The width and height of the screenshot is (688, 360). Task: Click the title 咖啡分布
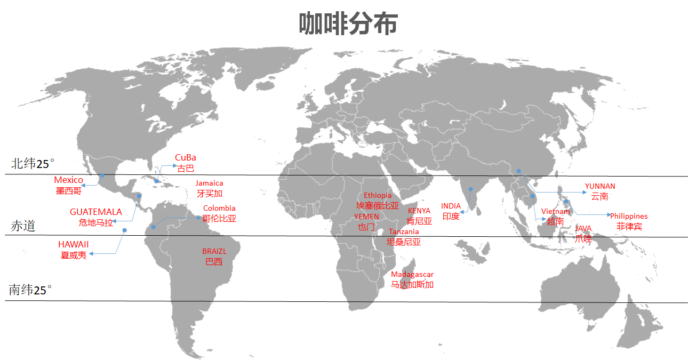(347, 24)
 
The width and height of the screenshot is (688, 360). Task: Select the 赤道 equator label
(23, 226)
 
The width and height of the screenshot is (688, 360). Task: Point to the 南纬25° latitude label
(30, 290)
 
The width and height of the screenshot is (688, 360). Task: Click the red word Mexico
(68, 180)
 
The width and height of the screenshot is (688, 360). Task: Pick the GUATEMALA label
(96, 212)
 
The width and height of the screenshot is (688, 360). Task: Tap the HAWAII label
(74, 244)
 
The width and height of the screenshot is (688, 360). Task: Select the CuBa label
(186, 157)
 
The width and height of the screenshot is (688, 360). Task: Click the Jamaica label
(209, 183)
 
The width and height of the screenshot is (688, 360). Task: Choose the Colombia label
(219, 208)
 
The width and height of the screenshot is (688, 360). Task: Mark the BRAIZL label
(214, 251)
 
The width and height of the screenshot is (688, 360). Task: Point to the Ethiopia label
(378, 196)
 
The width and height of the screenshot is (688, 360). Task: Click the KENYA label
(419, 211)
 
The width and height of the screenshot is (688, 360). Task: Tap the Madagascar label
(412, 275)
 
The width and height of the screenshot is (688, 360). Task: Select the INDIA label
(451, 206)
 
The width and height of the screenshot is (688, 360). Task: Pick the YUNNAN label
(600, 186)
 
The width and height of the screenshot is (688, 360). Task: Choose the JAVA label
(583, 229)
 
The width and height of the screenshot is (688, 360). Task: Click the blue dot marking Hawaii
(124, 230)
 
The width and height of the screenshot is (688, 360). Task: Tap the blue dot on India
(470, 189)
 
